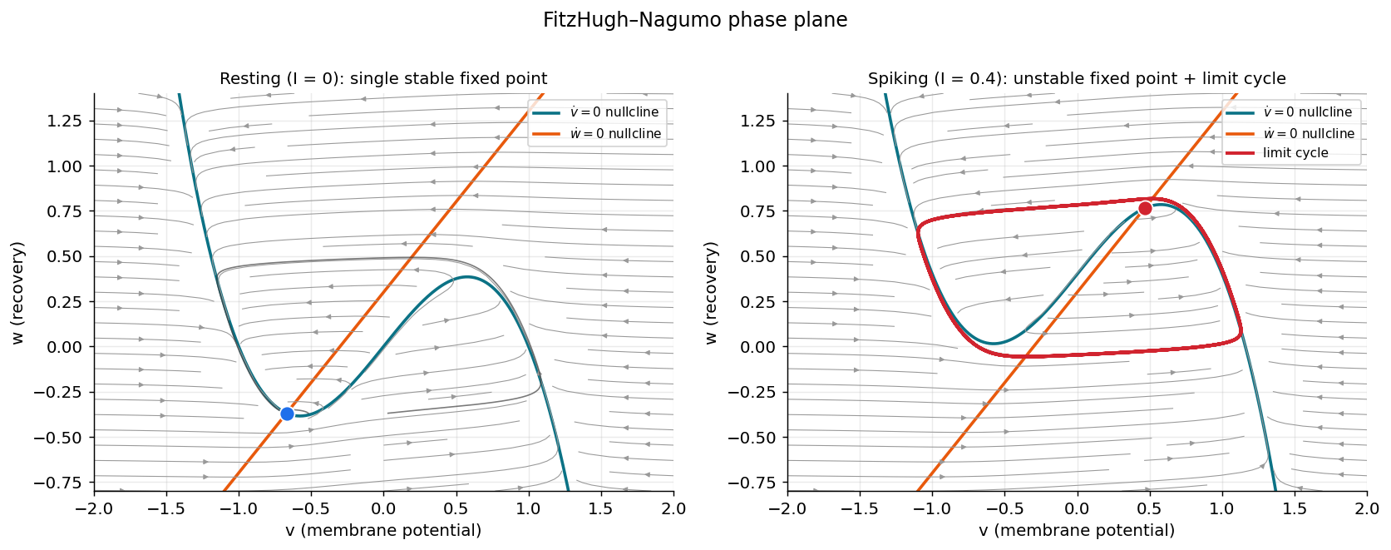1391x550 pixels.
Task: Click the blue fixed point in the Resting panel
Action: (287, 414)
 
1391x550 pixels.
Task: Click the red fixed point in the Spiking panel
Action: (1145, 208)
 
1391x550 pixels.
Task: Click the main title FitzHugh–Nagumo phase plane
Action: (695, 20)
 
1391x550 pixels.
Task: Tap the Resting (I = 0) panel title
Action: (383, 79)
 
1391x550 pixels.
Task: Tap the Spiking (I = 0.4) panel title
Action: (1077, 79)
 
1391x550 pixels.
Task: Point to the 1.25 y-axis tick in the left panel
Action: (64, 121)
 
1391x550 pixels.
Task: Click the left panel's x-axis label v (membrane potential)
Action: (383, 530)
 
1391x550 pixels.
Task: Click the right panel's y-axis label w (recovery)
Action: (710, 293)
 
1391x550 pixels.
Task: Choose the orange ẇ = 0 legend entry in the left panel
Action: (597, 134)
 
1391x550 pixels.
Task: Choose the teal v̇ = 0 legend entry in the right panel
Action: (1290, 111)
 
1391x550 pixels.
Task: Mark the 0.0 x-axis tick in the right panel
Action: (1077, 508)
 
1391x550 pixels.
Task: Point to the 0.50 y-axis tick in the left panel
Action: (64, 256)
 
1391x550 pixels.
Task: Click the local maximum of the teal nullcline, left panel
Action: (467, 276)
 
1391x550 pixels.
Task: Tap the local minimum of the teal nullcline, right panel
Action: (993, 343)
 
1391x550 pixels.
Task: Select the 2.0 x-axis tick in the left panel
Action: (673, 508)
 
